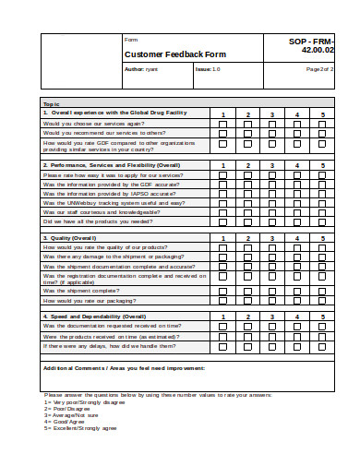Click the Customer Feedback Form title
click(x=162, y=54)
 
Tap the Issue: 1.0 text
click(x=208, y=69)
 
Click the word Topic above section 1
click(x=51, y=104)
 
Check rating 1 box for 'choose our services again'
click(x=222, y=124)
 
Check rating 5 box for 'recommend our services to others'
click(x=322, y=134)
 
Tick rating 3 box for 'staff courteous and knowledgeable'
click(x=272, y=211)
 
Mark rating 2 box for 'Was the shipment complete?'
click(x=247, y=290)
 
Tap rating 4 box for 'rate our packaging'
click(x=297, y=300)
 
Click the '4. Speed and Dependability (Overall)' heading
click(x=94, y=317)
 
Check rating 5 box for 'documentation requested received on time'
click(x=322, y=326)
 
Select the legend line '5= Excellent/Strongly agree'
click(x=80, y=428)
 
